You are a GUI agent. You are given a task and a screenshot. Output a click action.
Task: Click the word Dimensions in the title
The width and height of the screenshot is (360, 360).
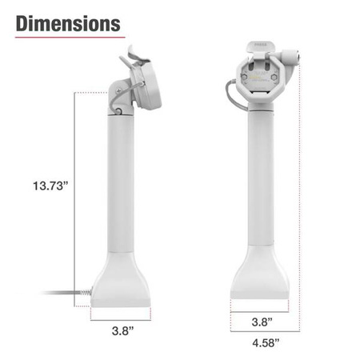[x=69, y=22]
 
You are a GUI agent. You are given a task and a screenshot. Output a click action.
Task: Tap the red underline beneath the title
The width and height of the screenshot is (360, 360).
[x=69, y=37]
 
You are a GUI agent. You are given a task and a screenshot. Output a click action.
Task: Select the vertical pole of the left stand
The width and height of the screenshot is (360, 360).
[x=122, y=184]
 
